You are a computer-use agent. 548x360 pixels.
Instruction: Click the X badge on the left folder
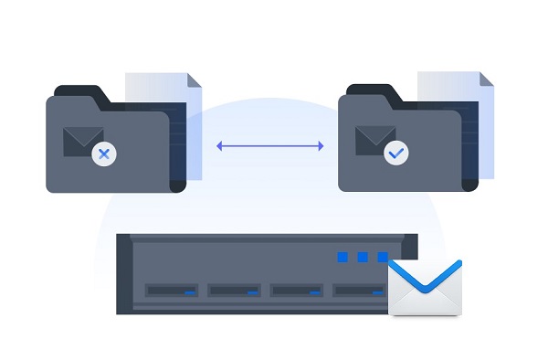point(103,154)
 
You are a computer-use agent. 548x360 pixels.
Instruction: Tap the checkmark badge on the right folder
point(395,154)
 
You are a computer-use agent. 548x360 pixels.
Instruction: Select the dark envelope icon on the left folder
point(81,140)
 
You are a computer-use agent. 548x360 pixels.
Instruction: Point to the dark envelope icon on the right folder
point(374,140)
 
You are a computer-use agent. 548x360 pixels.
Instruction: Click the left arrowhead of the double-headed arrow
point(219,144)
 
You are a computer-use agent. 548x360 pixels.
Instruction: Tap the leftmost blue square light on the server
point(343,258)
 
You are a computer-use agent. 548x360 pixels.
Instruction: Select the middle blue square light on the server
point(363,258)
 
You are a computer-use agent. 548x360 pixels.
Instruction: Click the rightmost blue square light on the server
point(382,258)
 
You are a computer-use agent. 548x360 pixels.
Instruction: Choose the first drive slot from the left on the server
point(172,291)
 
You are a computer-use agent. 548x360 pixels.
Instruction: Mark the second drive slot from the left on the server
point(234,291)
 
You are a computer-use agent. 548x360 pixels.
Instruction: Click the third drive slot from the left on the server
point(296,291)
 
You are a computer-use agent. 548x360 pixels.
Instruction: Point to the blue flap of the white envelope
point(425,274)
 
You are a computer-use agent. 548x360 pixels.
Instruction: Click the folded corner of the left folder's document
point(195,80)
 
